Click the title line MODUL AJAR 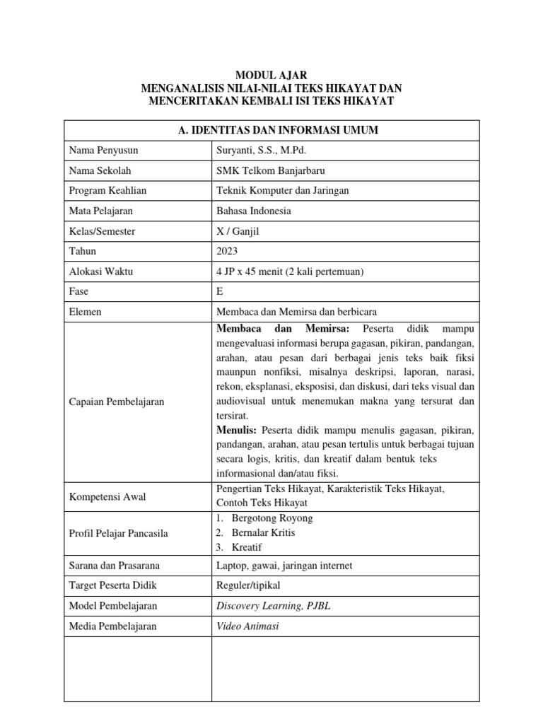(x=271, y=75)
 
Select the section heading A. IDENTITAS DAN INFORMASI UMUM (x=271, y=129)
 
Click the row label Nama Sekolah (x=100, y=170)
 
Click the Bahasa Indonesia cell (x=252, y=211)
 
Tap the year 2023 (x=226, y=251)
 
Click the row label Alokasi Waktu (x=101, y=271)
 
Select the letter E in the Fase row (x=218, y=291)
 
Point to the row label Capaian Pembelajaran (x=116, y=402)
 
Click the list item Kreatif (x=246, y=547)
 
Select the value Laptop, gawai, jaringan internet (x=283, y=566)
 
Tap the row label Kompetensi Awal (x=107, y=497)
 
